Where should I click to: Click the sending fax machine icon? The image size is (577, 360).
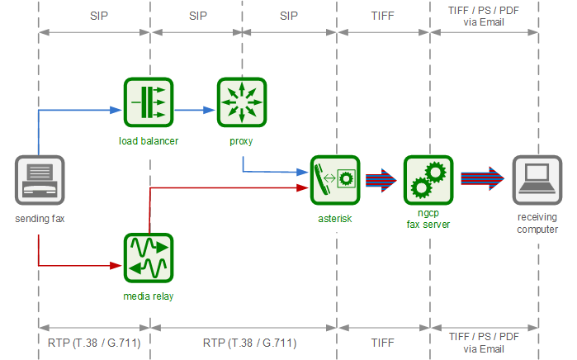coord(39,180)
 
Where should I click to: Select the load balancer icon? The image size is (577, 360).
coord(149,102)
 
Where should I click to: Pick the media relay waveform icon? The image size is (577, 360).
coord(149,258)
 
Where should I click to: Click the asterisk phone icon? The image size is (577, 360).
coord(335,180)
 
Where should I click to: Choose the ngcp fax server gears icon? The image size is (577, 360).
coord(428,180)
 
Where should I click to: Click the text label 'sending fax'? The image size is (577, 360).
coord(39,219)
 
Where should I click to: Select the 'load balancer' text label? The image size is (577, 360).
coord(149,141)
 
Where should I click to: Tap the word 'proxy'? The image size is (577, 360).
coord(241,141)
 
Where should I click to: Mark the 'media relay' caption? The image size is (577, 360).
coord(149,296)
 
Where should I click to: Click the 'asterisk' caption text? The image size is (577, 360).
coord(335,219)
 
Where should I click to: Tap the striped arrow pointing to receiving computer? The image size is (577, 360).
coord(481,180)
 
